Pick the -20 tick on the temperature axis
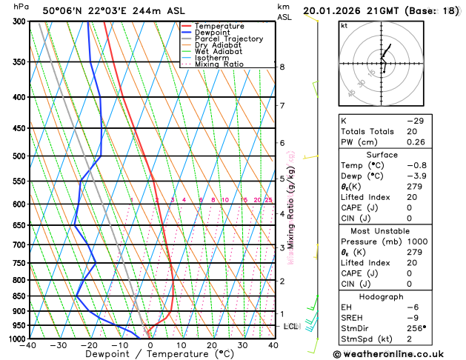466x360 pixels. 90,345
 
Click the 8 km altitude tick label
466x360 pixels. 282,67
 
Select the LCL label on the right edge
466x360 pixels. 291,326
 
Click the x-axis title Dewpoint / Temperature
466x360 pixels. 151,354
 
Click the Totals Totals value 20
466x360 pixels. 411,131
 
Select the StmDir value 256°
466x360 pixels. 416,328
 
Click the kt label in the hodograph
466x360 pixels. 344,26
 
